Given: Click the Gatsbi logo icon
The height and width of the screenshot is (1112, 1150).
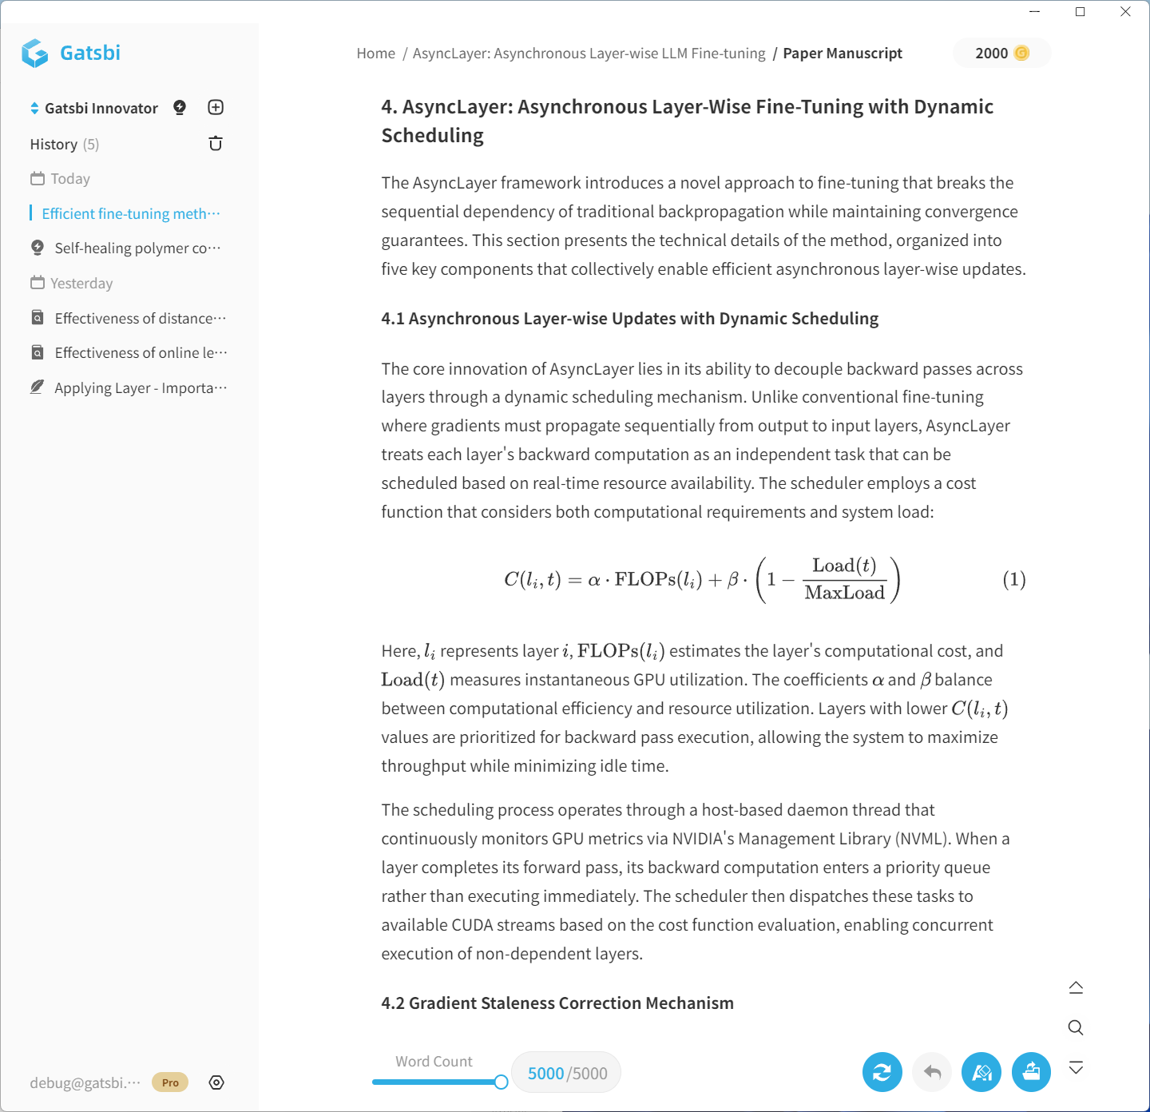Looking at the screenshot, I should pos(35,54).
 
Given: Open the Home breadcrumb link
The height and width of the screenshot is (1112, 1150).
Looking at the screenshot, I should pos(375,54).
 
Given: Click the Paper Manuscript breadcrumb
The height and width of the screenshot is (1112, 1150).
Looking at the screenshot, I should pos(842,54).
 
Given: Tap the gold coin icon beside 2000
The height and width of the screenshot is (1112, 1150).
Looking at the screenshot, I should pos(1021,54).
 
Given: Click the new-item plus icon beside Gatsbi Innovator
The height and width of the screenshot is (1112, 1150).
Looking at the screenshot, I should pos(216,108).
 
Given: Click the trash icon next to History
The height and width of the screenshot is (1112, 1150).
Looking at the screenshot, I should pos(216,144).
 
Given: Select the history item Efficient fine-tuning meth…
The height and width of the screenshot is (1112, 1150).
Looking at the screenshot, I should pos(130,214).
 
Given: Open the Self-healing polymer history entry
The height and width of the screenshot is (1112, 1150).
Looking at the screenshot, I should pos(137,248).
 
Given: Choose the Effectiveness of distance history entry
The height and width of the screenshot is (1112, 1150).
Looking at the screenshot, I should pos(140,319).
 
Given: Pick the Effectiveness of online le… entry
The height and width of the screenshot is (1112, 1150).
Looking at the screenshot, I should pos(141,353).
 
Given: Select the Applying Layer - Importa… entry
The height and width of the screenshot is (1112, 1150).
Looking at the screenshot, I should pos(141,388).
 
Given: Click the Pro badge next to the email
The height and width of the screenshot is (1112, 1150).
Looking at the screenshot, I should pos(170,1082).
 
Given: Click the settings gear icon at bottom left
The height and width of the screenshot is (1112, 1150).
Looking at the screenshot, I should pos(216,1082).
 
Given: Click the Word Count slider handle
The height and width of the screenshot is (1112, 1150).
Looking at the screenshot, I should pos(501,1082).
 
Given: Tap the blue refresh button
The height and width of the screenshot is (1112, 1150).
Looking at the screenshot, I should pos(882,1072).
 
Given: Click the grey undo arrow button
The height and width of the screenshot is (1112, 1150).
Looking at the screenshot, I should pos(932,1072).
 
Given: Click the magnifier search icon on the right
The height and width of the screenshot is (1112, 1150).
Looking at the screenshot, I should pos(1076,1027).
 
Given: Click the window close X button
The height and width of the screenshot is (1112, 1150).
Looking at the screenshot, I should pos(1125,12).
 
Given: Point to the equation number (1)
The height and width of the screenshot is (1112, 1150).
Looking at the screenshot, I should pos(1013,579).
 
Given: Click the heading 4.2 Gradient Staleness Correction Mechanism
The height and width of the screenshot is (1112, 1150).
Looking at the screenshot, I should pos(557,1003).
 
